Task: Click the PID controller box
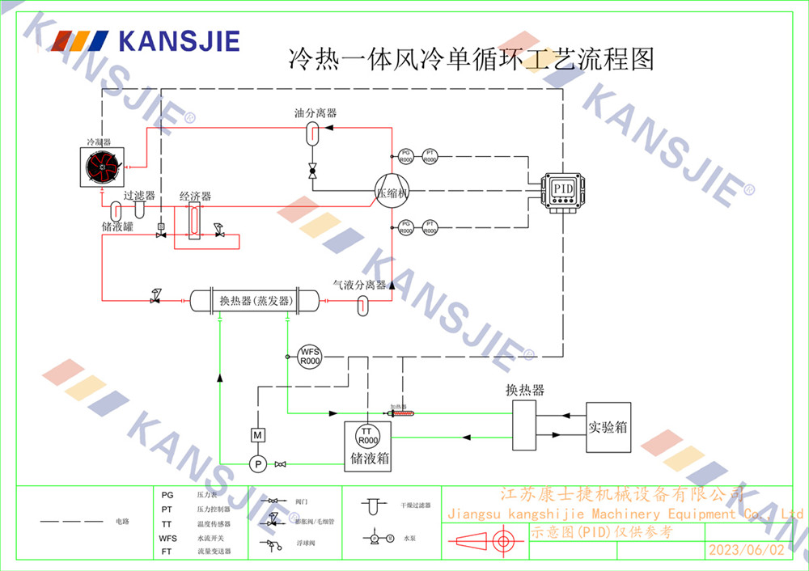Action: (561, 189)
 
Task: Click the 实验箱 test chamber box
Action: (608, 426)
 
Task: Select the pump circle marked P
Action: (256, 463)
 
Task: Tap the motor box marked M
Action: (257, 435)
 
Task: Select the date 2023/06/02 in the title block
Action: (746, 550)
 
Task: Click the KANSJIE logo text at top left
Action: (179, 40)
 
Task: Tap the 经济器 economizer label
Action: (195, 197)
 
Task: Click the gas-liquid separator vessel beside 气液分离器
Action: (363, 306)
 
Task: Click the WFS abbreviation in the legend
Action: (168, 537)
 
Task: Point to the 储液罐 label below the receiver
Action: (118, 226)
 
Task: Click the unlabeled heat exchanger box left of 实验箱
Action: (524, 426)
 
